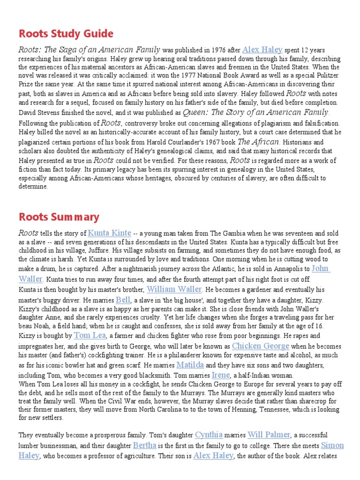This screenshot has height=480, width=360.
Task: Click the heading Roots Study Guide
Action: tap(66, 34)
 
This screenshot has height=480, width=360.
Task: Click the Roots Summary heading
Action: tap(59, 217)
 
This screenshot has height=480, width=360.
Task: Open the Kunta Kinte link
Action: tap(109, 232)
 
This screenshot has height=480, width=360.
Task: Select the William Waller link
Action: tap(174, 289)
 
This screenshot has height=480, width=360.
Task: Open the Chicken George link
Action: tap(261, 346)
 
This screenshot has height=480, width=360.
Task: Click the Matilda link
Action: tap(190, 365)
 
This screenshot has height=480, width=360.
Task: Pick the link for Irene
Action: tap(221, 375)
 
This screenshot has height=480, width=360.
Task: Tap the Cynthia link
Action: tap(209, 435)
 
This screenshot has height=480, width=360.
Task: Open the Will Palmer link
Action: tap(269, 435)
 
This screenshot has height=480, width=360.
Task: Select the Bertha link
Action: tap(144, 445)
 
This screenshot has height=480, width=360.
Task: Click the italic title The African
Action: tap(259, 141)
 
